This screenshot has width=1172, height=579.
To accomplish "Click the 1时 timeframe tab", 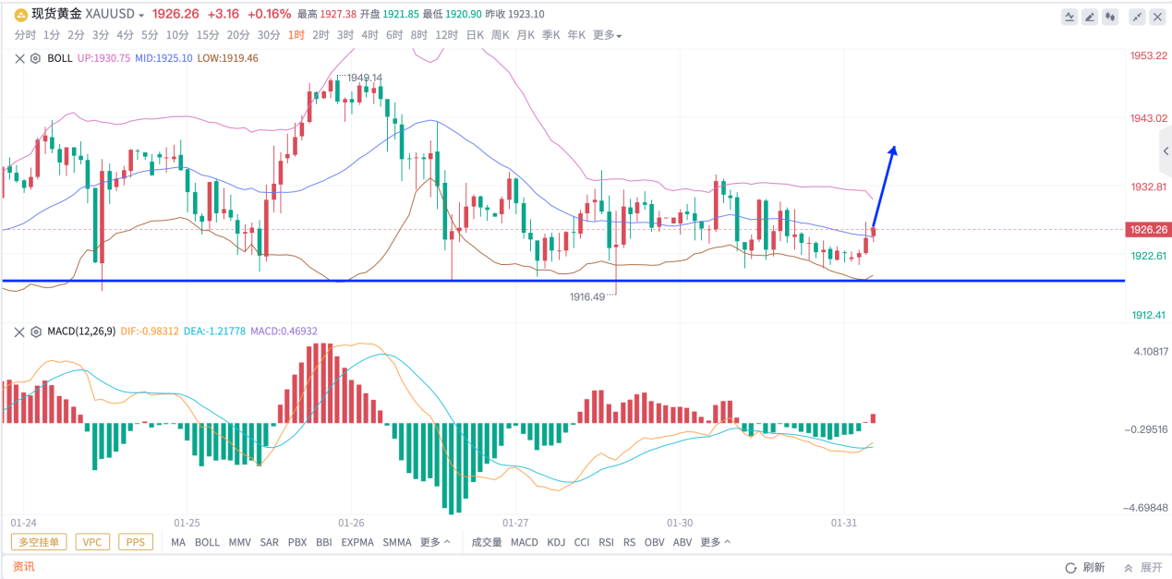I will click(x=296, y=35).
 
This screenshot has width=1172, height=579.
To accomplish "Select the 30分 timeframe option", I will click(x=269, y=35).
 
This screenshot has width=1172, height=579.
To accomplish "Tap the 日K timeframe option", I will click(x=475, y=35).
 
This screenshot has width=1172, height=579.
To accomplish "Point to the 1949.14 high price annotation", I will click(x=364, y=78).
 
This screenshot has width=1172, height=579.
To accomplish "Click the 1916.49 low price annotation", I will click(x=586, y=296).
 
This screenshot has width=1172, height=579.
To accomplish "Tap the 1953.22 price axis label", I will click(x=1148, y=55).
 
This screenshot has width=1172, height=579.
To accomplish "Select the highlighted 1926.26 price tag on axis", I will click(x=1148, y=229).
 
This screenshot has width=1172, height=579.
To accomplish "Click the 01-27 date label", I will click(x=515, y=523).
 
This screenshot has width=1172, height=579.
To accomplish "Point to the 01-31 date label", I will click(x=843, y=523).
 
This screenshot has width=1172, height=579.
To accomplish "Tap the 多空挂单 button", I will click(x=39, y=542).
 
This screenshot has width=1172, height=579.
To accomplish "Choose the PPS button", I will click(x=136, y=542).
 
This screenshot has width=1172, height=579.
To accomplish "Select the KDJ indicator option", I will click(x=556, y=542).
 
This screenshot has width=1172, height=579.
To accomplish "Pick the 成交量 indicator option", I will click(x=487, y=542).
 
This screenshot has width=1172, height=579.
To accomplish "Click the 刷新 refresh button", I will click(x=1086, y=568).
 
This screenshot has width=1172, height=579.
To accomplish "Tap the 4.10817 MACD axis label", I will click(x=1150, y=351).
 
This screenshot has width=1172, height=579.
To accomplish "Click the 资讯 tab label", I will click(x=23, y=566).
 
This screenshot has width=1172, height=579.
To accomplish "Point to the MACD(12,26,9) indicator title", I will click(x=81, y=331).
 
